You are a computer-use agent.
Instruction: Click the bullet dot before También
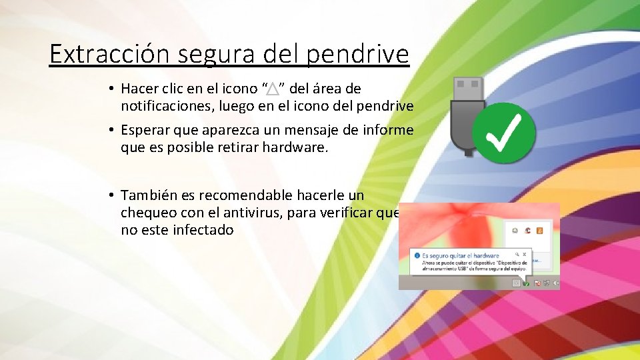point(110,195)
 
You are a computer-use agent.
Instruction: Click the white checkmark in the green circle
point(509,133)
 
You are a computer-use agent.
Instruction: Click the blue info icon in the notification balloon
point(417,255)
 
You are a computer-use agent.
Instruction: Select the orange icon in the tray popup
point(539,230)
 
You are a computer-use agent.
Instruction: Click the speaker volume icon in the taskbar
point(556,283)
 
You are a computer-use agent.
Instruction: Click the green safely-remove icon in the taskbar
point(526,283)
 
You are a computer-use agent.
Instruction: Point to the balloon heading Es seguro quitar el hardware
point(461,255)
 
